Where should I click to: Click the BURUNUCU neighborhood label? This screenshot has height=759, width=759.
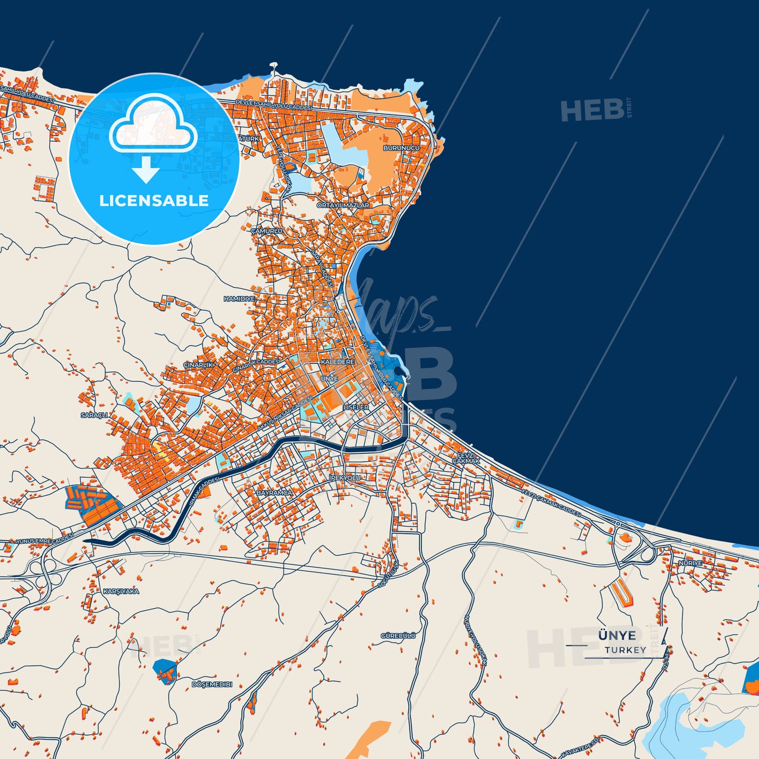pyautogui.click(x=401, y=148)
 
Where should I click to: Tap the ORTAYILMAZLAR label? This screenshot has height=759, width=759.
pyautogui.click(x=342, y=205)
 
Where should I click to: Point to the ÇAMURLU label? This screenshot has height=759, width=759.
pyautogui.click(x=266, y=231)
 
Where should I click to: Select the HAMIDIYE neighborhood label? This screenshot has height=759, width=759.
pyautogui.click(x=239, y=299)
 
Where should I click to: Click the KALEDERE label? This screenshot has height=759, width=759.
pyautogui.click(x=337, y=362)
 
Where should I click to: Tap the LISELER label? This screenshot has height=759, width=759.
pyautogui.click(x=356, y=407)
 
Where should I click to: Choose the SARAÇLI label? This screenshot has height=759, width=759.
pyautogui.click(x=94, y=415)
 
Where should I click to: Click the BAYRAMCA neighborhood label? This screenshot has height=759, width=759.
pyautogui.click(x=274, y=493)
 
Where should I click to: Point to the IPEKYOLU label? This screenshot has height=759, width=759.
pyautogui.click(x=345, y=477)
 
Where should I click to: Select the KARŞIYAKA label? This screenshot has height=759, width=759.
pyautogui.click(x=121, y=591)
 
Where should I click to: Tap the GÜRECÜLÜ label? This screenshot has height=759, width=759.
pyautogui.click(x=398, y=636)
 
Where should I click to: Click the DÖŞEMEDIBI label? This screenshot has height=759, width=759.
pyautogui.click(x=212, y=684)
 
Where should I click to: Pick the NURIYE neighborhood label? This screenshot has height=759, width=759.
pyautogui.click(x=690, y=563)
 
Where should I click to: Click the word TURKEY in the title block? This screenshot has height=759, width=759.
pyautogui.click(x=625, y=650)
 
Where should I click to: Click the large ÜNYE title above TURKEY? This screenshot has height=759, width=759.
pyautogui.click(x=617, y=636)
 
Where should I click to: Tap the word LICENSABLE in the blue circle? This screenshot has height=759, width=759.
pyautogui.click(x=154, y=201)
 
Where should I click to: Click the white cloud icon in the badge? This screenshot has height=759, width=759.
pyautogui.click(x=153, y=123)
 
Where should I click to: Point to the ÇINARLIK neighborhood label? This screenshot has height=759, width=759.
pyautogui.click(x=198, y=365)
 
